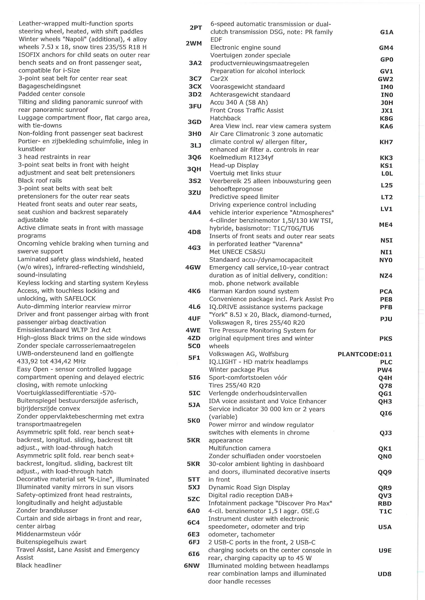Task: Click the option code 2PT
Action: click(x=195, y=28)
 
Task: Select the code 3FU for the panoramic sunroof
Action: click(x=195, y=106)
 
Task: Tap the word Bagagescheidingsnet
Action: click(x=49, y=86)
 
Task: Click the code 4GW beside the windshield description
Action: click(x=193, y=267)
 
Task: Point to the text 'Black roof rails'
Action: click(x=40, y=180)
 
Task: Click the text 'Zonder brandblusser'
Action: click(x=47, y=511)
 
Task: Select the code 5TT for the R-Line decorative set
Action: click(x=194, y=480)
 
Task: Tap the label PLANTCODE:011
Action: click(x=365, y=354)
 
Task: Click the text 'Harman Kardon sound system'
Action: click(x=254, y=291)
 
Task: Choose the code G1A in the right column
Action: click(x=387, y=32)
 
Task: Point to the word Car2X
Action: click(x=219, y=79)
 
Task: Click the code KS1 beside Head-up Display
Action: click(x=386, y=166)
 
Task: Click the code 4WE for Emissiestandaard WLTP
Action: click(x=193, y=330)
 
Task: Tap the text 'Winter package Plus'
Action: click(x=239, y=370)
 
